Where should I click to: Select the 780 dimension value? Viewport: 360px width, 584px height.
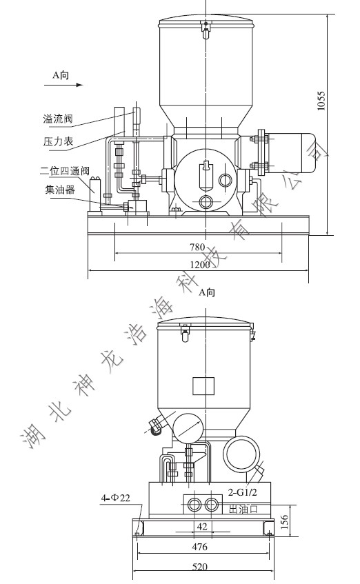(199, 248)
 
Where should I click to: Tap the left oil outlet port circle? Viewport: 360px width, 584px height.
(194, 506)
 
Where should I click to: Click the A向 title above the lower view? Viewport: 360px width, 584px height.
(206, 292)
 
